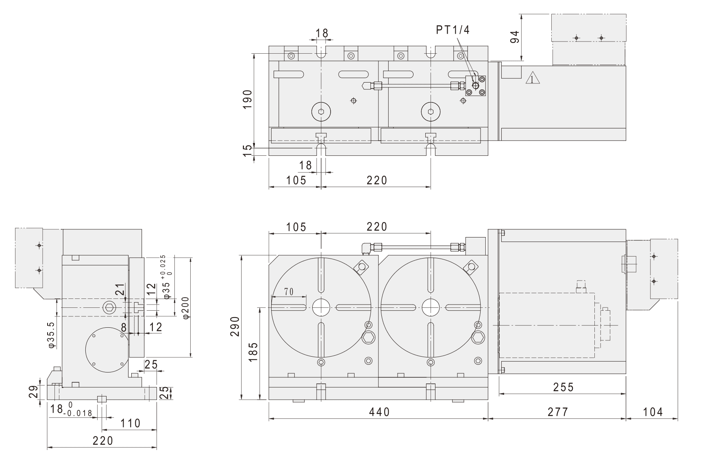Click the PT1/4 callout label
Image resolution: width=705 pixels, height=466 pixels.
pyautogui.click(x=453, y=30)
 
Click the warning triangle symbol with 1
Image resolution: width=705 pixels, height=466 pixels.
pyautogui.click(x=531, y=78)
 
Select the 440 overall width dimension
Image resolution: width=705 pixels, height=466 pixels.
pyautogui.click(x=379, y=412)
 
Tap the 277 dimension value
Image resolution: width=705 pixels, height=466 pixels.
pyautogui.click(x=557, y=412)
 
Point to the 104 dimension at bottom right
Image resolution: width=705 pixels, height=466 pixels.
pyautogui.click(x=653, y=412)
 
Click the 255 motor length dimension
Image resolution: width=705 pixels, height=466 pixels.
pyautogui.click(x=563, y=387)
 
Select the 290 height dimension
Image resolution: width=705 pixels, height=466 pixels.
pyautogui.click(x=235, y=327)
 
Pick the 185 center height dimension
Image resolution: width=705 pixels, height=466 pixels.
pyautogui.click(x=252, y=352)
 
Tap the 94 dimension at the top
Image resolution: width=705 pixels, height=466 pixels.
pyautogui.click(x=514, y=37)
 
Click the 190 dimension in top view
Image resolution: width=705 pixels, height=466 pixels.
pyautogui.click(x=247, y=99)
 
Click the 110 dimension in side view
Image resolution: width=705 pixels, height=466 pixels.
pyautogui.click(x=131, y=423)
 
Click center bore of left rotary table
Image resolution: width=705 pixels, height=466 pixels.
pyautogui.click(x=321, y=307)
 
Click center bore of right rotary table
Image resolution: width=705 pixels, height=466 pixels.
pyautogui.click(x=431, y=307)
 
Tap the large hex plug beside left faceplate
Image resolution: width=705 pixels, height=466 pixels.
pyautogui.click(x=368, y=337)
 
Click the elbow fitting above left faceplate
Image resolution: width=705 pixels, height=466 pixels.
pyautogui.click(x=366, y=247)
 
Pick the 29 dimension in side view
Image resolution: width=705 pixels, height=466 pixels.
pyautogui.click(x=35, y=391)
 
